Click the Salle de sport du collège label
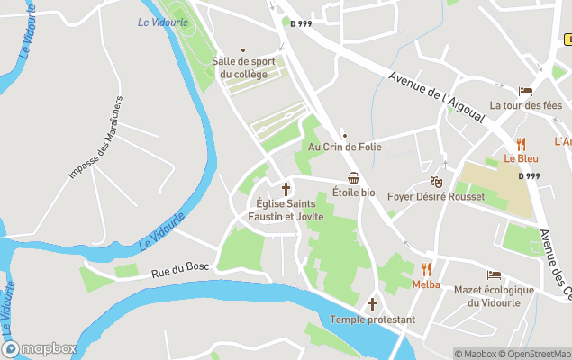point(244,67)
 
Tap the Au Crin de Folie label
point(345,147)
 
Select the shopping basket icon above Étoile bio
point(354,178)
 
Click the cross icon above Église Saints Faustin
point(286,189)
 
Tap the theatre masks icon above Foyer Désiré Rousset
point(436,182)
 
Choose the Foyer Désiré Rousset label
point(436,197)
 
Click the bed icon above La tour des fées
point(525,91)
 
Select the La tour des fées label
point(526,105)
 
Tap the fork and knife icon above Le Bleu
point(521,144)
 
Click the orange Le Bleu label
point(521,158)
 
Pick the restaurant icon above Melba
point(426,269)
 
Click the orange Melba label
point(426,284)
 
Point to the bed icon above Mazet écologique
point(494,274)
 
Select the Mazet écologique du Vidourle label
point(494,296)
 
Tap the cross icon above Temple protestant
point(372,304)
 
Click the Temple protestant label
point(372,319)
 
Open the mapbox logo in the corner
point(40,348)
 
